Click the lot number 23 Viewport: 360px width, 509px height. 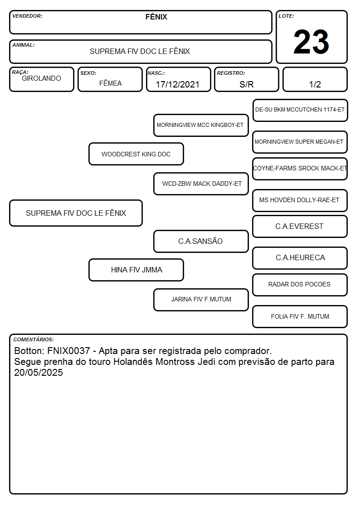coord(311,42)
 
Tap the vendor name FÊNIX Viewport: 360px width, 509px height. coord(156,17)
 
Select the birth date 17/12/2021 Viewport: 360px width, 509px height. coord(178,84)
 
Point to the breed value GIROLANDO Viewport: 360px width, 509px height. coord(41,78)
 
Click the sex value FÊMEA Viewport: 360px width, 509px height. coord(110,83)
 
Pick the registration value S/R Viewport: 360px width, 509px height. coord(246,84)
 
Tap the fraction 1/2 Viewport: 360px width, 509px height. coord(315,84)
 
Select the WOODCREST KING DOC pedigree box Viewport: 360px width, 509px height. coord(136,154)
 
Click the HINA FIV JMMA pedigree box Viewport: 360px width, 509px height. coord(136,270)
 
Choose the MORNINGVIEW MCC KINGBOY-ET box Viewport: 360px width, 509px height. coord(201,125)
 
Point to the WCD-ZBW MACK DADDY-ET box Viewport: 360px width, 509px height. coord(201,184)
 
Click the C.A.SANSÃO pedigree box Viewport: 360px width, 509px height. coord(201,241)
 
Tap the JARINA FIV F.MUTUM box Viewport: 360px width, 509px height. coord(201,300)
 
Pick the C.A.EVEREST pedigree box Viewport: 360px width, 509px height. coord(300,226)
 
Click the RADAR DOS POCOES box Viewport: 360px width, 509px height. coord(300,285)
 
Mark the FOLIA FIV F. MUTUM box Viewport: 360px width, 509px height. coord(300,316)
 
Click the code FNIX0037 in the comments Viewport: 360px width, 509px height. coord(68,351)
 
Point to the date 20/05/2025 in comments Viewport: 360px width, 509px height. coord(38,372)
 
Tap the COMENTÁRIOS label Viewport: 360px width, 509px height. coord(34,339)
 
